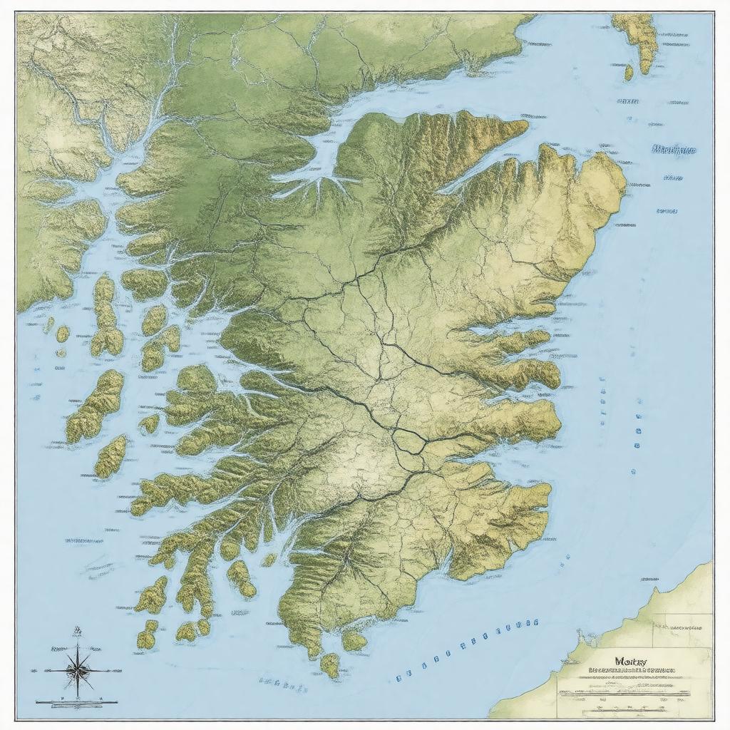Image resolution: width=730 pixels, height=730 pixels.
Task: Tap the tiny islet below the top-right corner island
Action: (x=629, y=72)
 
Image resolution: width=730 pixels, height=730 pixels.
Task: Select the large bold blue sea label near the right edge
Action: (x=674, y=150)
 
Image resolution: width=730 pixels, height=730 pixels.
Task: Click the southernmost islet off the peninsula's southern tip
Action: (x=330, y=664)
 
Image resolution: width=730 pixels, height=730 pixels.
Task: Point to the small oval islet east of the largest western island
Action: (x=149, y=424)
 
